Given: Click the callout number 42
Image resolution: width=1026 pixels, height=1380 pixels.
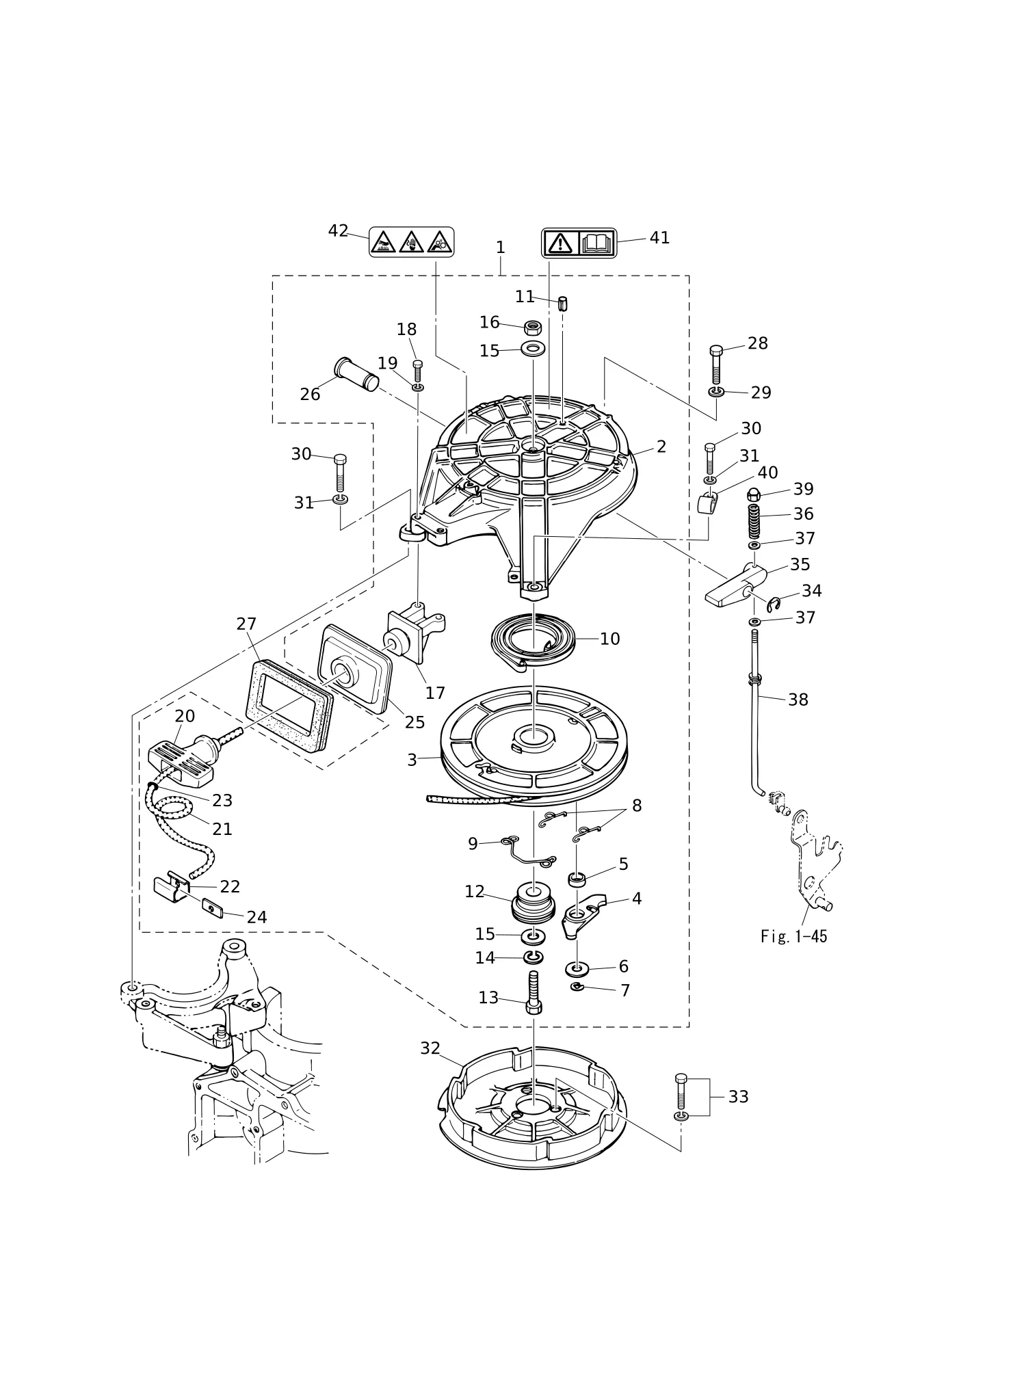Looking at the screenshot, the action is (338, 231).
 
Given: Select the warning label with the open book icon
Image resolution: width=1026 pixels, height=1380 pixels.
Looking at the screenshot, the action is (579, 243).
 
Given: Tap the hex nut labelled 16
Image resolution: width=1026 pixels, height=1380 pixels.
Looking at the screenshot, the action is (534, 326).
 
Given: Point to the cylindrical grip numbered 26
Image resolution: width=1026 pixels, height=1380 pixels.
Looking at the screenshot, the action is (356, 374).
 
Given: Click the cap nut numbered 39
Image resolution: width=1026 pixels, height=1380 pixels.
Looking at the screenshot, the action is (753, 495).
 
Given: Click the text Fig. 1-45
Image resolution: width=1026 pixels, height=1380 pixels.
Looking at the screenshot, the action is (793, 936).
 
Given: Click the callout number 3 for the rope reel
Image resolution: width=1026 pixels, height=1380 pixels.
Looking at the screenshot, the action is (412, 760).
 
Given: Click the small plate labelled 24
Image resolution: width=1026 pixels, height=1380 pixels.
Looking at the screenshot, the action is (213, 910).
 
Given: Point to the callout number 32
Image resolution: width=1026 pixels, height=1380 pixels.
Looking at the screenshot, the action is (430, 1048).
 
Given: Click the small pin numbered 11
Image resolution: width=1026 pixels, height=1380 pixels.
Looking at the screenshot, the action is (563, 304).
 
